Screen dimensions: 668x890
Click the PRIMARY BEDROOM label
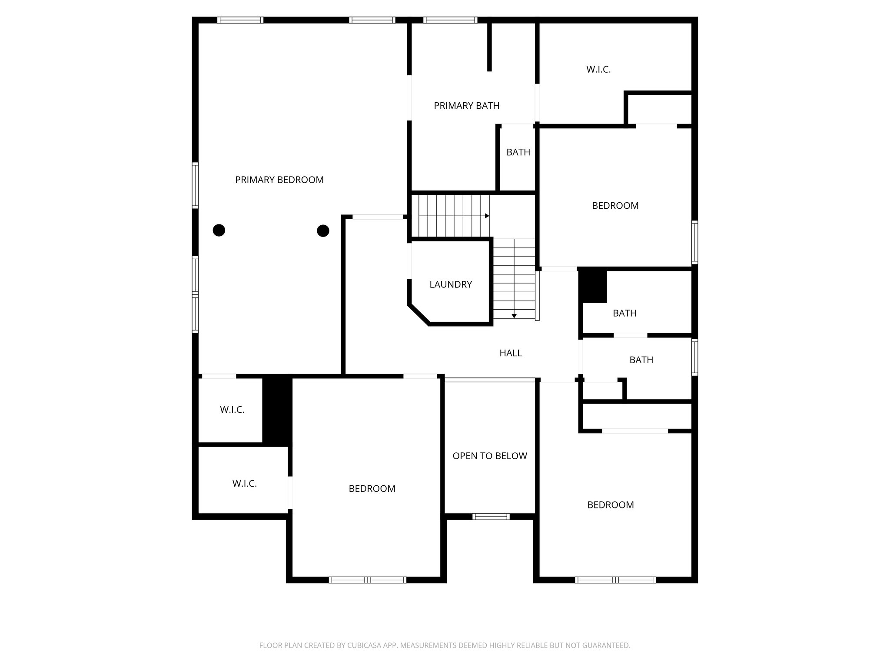coord(279,180)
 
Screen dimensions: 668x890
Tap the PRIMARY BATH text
coord(466,106)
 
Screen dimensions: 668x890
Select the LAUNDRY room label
coord(450,284)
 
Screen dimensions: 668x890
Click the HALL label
coord(510,353)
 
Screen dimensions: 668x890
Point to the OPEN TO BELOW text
coord(489,456)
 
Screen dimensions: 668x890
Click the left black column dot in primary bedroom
coord(219,230)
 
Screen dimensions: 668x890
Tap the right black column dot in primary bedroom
coord(323,230)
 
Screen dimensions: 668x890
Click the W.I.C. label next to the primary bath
coord(598,69)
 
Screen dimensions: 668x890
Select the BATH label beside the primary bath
coord(518,152)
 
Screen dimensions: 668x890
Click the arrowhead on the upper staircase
coord(487,216)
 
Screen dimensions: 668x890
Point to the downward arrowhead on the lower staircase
coord(514,316)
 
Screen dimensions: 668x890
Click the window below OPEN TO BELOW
coord(491,517)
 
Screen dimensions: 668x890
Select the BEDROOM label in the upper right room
coord(615,206)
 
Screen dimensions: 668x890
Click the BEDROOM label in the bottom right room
coord(610,505)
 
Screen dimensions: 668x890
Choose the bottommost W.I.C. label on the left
coord(244,484)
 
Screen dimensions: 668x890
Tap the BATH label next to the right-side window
coord(641,360)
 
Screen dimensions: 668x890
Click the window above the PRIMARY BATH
coord(450,20)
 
